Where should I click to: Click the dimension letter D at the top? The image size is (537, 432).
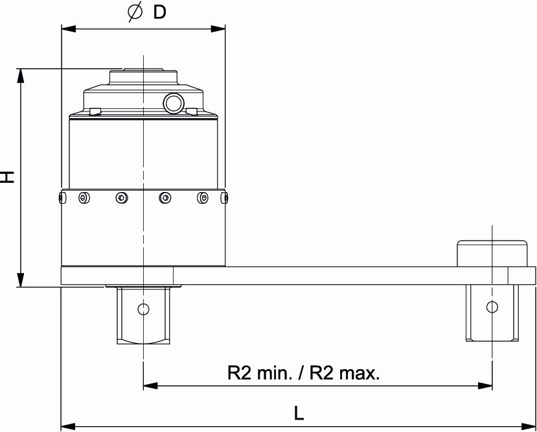point(159,13)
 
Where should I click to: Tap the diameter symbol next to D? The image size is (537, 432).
point(135,12)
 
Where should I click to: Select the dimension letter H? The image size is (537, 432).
point(7,176)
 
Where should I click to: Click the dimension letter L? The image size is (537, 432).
point(299,414)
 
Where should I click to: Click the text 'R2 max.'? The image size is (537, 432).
point(345,373)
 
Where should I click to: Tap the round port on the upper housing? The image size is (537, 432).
point(174,103)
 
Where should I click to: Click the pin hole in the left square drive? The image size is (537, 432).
point(143,309)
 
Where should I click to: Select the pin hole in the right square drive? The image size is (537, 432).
point(492,307)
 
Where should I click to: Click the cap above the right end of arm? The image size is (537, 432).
point(492,254)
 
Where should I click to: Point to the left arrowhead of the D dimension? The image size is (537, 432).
point(68,29)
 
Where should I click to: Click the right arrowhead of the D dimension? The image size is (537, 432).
point(218,29)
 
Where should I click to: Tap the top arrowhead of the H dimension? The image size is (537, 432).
point(21,75)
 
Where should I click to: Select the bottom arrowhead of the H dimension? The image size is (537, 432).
point(21,280)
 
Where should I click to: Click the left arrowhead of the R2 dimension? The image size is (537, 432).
point(150,386)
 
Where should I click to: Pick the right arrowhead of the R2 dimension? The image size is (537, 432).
point(485,386)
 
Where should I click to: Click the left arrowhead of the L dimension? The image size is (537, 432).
point(68,427)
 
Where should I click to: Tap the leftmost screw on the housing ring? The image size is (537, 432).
point(61,198)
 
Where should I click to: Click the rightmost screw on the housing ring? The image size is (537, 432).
point(225,198)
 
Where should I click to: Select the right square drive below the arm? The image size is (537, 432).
point(492,313)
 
